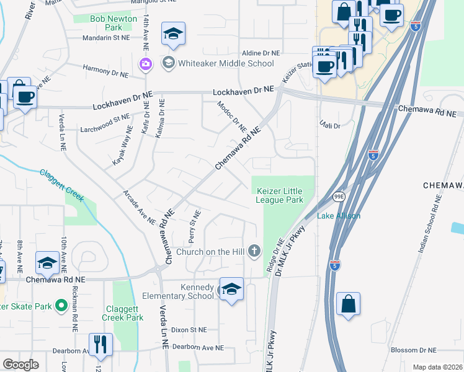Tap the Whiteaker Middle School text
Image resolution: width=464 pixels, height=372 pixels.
click(x=225, y=63)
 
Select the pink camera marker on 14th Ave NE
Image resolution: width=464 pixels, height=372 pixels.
click(x=146, y=63)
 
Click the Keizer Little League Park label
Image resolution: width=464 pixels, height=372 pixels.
click(x=279, y=195)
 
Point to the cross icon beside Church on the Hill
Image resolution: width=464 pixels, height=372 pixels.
click(x=253, y=251)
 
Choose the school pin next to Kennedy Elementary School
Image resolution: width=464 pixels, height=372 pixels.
click(x=231, y=290)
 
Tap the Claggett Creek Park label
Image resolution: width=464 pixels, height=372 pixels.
click(x=121, y=313)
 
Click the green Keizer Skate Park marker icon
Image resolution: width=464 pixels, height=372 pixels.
click(x=61, y=305)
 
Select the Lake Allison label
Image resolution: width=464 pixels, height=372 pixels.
click(x=339, y=216)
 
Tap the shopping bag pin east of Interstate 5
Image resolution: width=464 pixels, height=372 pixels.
click(x=348, y=304)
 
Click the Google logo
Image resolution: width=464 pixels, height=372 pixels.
click(x=20, y=365)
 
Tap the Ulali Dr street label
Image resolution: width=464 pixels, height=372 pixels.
click(x=329, y=126)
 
